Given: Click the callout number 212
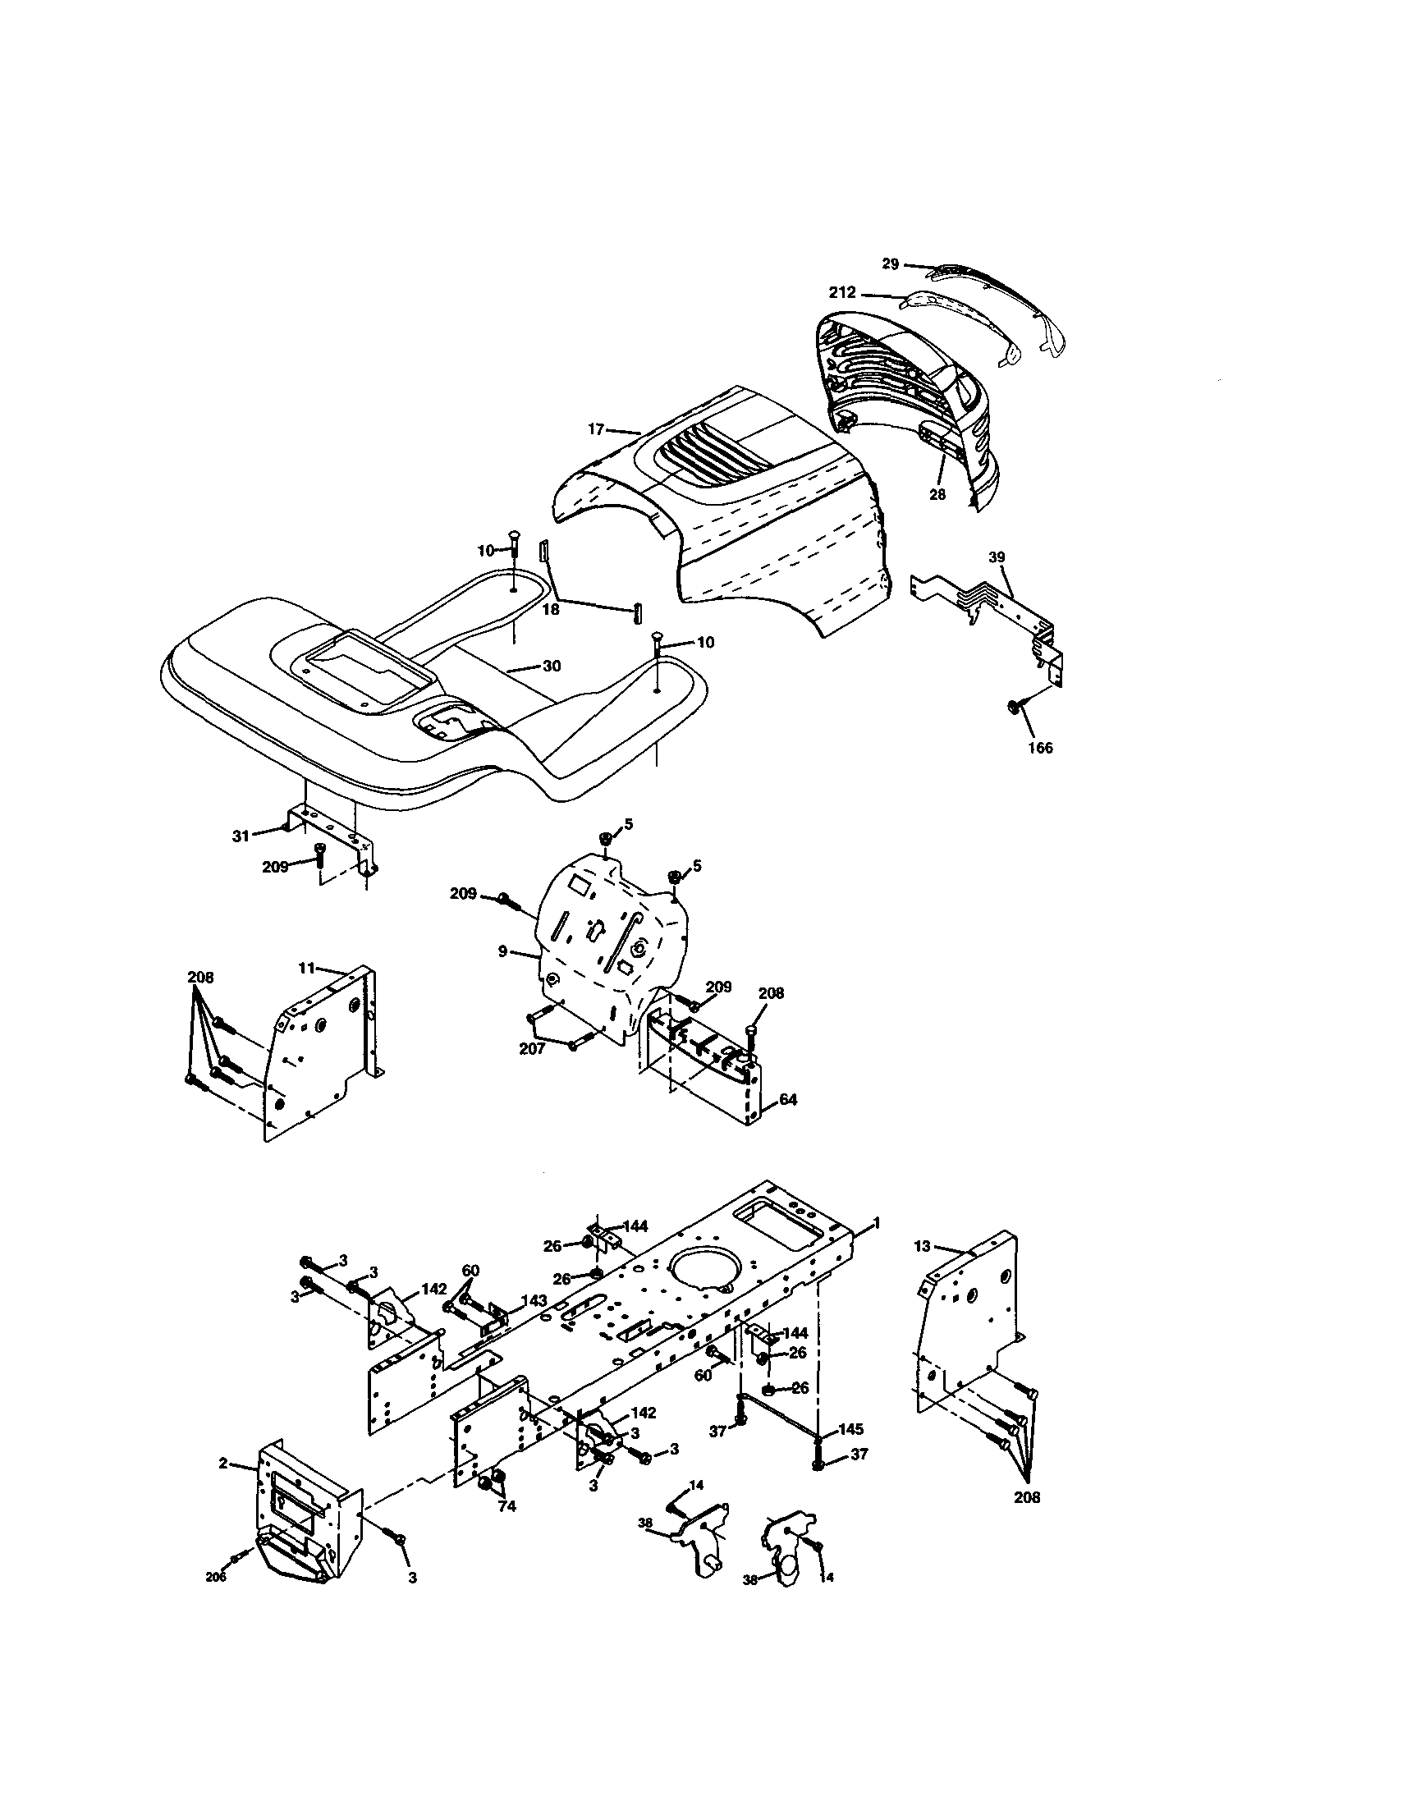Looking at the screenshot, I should coord(842,293).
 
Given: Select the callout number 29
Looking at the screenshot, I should coord(890,264).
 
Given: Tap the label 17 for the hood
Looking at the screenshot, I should coord(595,430).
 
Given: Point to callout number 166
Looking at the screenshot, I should coord(1039,748).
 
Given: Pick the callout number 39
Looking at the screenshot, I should coord(997,557).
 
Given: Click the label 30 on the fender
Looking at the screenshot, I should coord(552,667).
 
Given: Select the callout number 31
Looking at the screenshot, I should coord(241,836).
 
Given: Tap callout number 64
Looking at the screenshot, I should coord(787,1100).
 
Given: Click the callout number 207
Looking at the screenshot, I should coord(531,1048).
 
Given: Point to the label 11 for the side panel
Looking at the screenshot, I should coord(306,968).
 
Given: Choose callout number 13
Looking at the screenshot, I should coord(921,1270).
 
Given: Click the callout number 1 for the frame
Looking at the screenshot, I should coord(876,1223).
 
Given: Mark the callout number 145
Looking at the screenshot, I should coord(850,1430).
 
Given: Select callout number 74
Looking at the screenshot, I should coord(506,1505).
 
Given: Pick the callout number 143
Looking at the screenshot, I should coord(534,1300).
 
